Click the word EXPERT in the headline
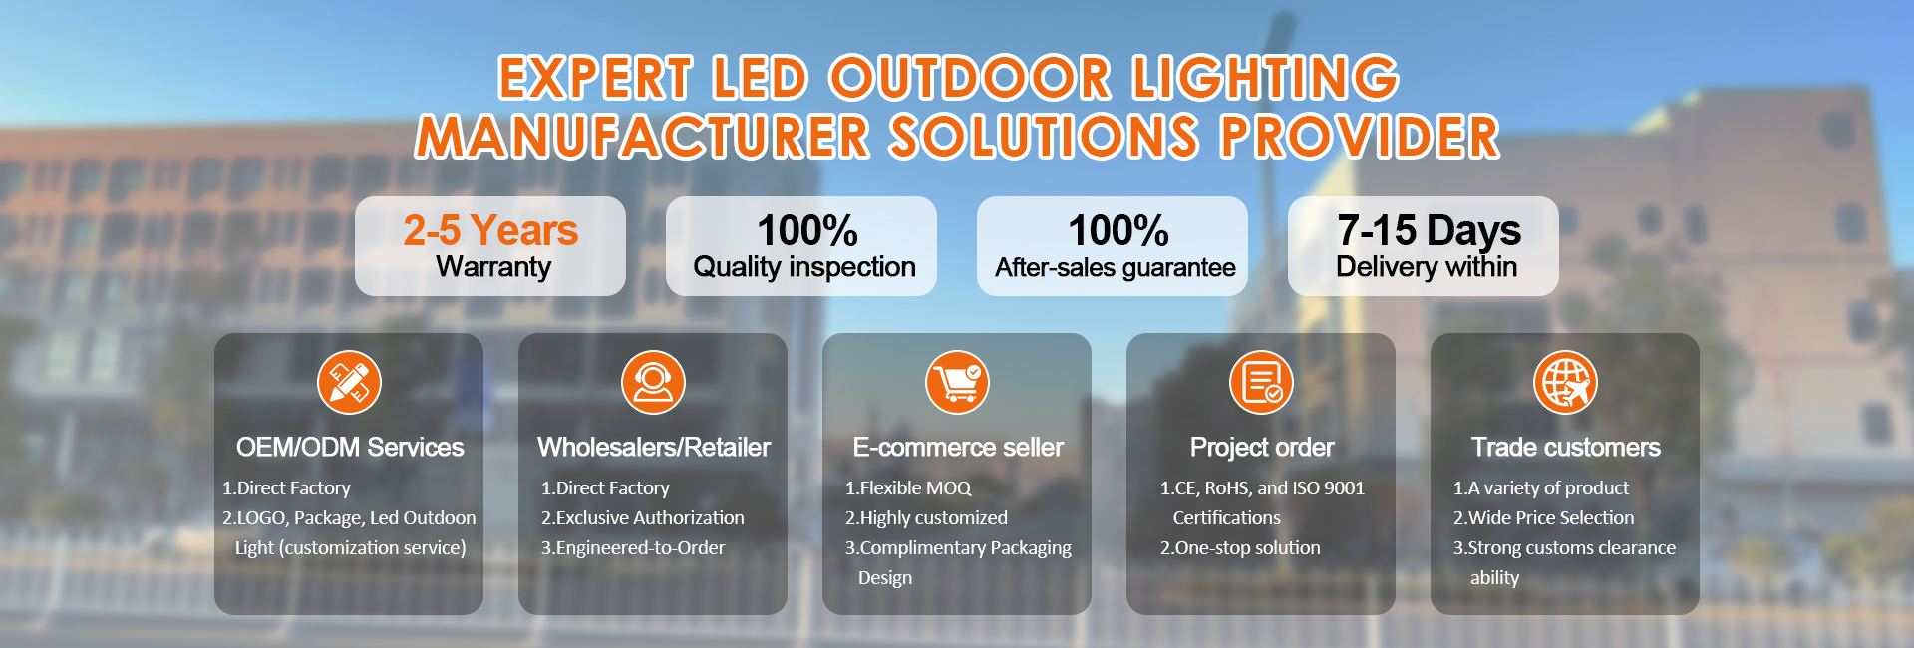pos(595,78)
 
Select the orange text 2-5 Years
pos(490,230)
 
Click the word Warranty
pos(493,267)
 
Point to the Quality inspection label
pos(803,267)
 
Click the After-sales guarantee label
pos(1115,267)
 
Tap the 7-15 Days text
pos(1428,230)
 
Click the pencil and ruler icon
pos(349,382)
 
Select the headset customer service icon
pos(653,382)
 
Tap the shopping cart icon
pos(957,382)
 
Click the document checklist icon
pos(1261,382)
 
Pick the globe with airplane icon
pos(1565,382)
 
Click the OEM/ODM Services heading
pos(350,447)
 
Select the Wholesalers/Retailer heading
pos(654,447)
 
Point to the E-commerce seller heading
pos(958,447)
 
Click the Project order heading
pos(1262,447)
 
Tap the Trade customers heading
pos(1566,447)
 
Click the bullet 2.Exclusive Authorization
pos(642,517)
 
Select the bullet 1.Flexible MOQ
pos(908,487)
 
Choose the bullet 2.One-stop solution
pos(1240,547)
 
